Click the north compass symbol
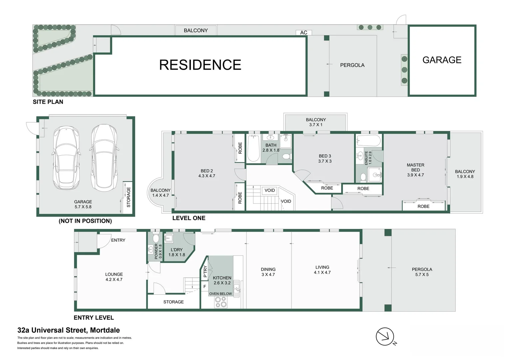click(x=385, y=337)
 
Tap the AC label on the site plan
click(x=303, y=32)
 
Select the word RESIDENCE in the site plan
click(x=200, y=65)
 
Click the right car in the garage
click(x=104, y=157)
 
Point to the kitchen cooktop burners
click(x=221, y=302)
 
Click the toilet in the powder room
click(x=155, y=239)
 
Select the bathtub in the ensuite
click(x=368, y=141)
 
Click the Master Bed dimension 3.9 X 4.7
click(x=415, y=175)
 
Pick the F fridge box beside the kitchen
click(x=205, y=286)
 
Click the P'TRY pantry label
click(x=205, y=272)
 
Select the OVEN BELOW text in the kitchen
click(x=221, y=294)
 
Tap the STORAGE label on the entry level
click(x=173, y=302)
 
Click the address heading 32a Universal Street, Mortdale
click(x=69, y=330)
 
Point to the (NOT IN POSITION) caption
click(x=85, y=221)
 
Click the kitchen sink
click(x=237, y=288)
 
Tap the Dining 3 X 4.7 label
click(x=268, y=272)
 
